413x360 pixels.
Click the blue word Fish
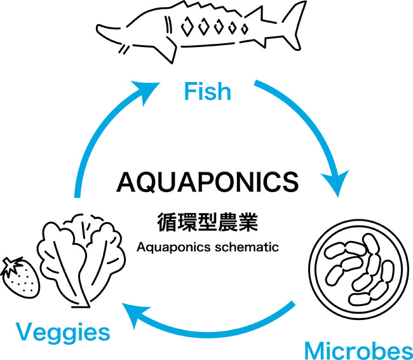207,91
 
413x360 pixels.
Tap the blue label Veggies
63,332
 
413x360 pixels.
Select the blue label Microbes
358,350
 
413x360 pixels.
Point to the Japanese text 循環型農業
208,224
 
